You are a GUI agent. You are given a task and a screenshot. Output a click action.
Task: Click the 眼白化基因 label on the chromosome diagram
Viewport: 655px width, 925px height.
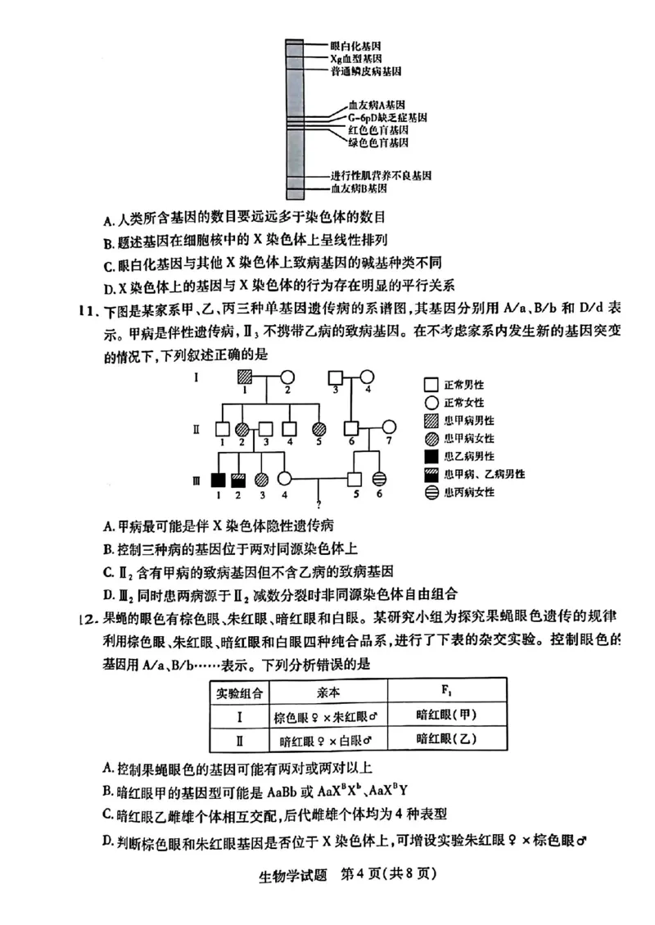[x=356, y=47]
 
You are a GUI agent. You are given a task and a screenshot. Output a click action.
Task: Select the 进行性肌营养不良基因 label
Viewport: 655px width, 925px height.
[x=381, y=176]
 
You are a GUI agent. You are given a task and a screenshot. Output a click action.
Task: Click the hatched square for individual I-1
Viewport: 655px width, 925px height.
[x=244, y=377]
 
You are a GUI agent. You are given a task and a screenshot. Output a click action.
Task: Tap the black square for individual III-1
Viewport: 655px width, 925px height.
[x=219, y=479]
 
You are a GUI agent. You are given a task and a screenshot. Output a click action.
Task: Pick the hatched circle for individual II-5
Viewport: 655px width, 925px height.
[x=318, y=428]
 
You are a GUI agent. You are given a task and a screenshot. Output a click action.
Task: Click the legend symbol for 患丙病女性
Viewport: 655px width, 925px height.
[x=431, y=492]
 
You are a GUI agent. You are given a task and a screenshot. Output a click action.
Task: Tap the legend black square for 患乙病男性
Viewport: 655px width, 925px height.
[x=431, y=456]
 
